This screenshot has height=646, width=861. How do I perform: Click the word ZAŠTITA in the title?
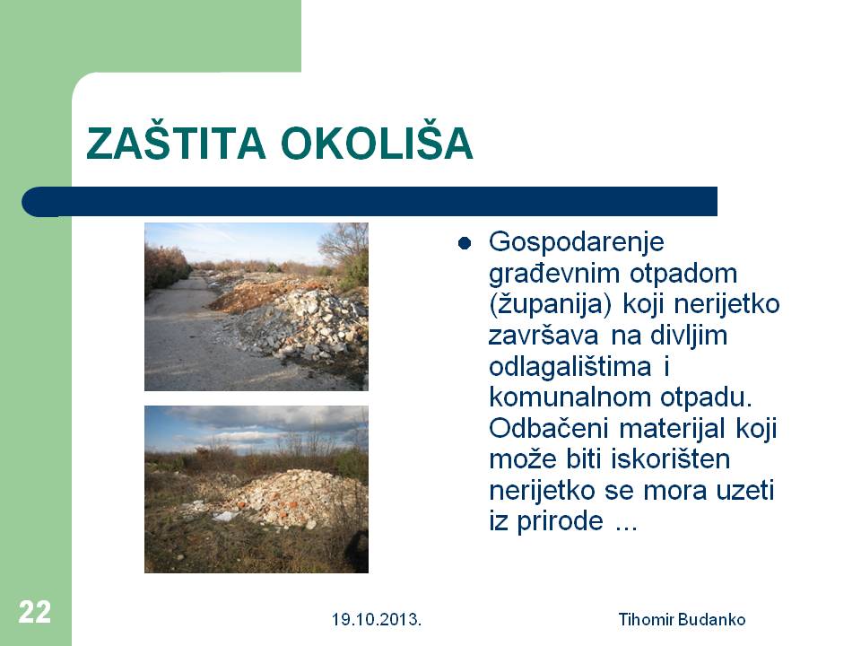coord(177,143)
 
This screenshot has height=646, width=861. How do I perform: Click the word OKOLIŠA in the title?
coord(377,143)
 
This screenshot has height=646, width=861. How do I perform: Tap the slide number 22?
coord(34,612)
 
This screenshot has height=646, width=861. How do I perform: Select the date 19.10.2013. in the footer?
coord(376,620)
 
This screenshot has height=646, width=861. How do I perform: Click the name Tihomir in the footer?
coord(646,620)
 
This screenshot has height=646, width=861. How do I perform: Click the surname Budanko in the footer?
coord(711,620)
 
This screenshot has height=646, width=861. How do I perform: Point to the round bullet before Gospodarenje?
coord(465,243)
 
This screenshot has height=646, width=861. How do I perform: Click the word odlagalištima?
coord(570,367)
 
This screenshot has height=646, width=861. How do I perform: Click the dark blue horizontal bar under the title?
coord(370,202)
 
